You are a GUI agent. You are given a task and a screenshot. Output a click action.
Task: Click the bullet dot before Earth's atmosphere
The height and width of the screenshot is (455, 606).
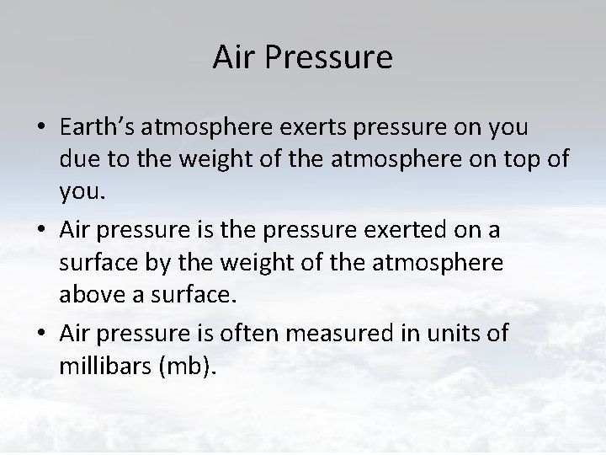(x=40, y=127)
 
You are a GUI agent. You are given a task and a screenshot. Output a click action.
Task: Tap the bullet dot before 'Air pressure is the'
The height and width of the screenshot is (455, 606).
(x=40, y=231)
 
